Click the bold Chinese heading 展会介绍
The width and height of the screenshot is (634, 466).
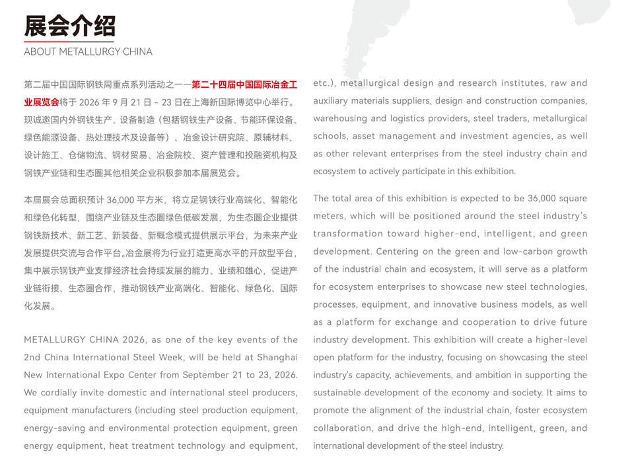(x=69, y=26)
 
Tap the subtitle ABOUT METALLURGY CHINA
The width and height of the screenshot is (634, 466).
(x=88, y=51)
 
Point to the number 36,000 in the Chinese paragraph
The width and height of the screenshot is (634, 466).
(x=121, y=199)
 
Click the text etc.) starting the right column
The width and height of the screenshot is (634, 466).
(x=324, y=83)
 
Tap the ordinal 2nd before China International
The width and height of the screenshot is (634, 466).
(x=32, y=357)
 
